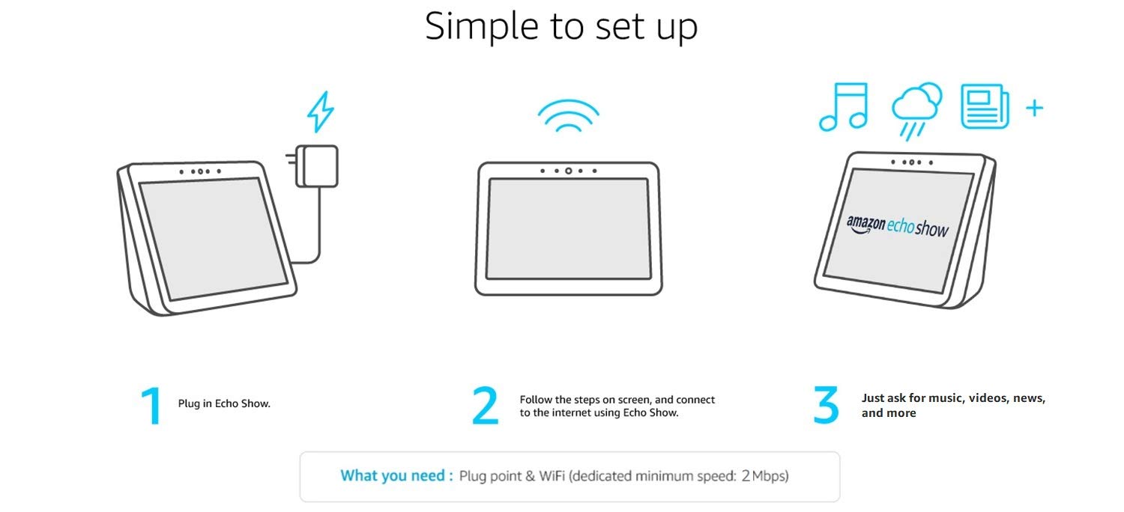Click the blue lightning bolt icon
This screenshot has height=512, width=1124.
coord(321,112)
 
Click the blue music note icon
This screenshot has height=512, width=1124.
coord(843,107)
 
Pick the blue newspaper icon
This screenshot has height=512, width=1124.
coord(985,106)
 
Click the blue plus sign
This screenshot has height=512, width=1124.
coord(1034,109)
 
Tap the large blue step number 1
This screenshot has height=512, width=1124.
coord(152,406)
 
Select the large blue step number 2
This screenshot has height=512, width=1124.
coord(486,406)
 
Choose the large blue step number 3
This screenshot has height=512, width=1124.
coord(826,406)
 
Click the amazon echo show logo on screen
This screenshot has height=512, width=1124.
coord(897,225)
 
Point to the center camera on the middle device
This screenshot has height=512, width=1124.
coord(568,171)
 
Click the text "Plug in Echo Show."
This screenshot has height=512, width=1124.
coord(224,403)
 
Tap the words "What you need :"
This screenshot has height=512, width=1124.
coord(396,476)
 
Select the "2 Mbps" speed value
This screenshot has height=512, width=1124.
coord(765,476)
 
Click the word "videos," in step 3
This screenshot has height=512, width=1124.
coord(988,398)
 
